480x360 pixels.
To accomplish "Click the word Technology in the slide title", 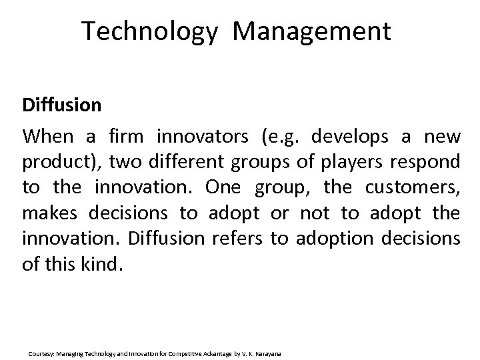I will [150, 31].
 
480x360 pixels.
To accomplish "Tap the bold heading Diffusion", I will [61, 105].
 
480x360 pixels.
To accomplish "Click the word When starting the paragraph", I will [48, 137].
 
